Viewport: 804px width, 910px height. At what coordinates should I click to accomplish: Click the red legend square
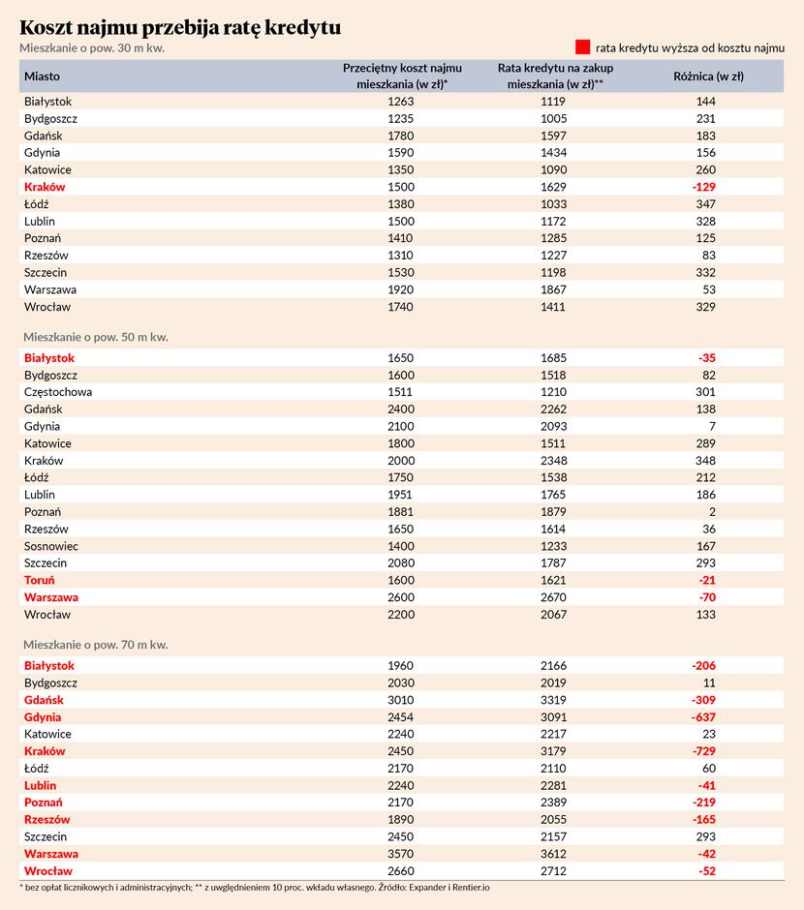[x=583, y=47]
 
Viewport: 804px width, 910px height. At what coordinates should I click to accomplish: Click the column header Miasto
[x=42, y=76]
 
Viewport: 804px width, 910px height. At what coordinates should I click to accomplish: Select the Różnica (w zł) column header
[x=709, y=76]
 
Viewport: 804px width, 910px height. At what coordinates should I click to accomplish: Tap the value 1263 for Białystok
[x=401, y=102]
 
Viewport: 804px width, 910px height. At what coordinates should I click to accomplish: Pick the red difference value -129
[x=703, y=187]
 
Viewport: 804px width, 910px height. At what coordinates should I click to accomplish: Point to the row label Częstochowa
[x=58, y=392]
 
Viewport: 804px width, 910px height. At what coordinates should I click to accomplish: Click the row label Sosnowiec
[x=51, y=546]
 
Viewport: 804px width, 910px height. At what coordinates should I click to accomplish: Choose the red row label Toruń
[x=40, y=580]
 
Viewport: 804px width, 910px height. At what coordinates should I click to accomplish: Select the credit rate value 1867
[x=553, y=289]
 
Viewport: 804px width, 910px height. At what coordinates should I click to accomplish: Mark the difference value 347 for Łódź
[x=706, y=204]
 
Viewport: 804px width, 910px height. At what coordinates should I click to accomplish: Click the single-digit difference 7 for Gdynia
[x=712, y=427]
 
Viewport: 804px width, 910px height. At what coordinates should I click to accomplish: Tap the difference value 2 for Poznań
[x=712, y=512]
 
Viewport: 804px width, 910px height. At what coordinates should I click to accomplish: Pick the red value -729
[x=703, y=751]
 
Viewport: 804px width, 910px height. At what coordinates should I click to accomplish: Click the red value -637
[x=703, y=717]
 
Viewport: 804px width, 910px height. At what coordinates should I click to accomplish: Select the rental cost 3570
[x=401, y=854]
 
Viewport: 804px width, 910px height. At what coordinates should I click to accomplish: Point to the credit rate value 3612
[x=553, y=854]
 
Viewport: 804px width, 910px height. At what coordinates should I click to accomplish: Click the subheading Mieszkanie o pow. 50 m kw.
[x=96, y=337]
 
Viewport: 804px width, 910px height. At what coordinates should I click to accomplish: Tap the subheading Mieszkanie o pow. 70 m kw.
[x=96, y=645]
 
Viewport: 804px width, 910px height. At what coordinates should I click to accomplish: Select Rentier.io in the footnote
[x=471, y=888]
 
